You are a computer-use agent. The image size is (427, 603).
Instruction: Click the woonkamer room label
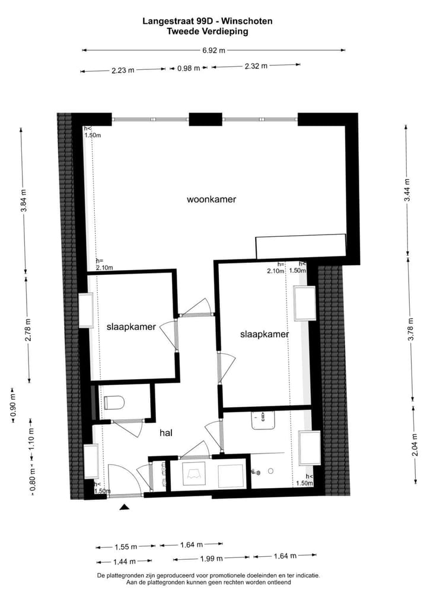211,200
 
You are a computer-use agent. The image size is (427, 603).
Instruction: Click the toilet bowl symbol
113,403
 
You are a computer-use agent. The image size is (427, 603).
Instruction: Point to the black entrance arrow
125,506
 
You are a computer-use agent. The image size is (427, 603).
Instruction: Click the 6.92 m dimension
213,50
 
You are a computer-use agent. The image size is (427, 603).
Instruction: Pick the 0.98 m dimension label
189,69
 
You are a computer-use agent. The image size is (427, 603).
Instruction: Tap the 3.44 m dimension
407,190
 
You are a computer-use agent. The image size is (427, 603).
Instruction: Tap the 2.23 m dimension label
123,70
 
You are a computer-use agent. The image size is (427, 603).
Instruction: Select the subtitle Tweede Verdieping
208,31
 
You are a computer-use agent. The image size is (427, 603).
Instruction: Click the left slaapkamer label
131,326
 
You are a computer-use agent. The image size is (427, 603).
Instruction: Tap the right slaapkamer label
265,334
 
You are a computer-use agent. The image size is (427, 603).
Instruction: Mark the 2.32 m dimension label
256,66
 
